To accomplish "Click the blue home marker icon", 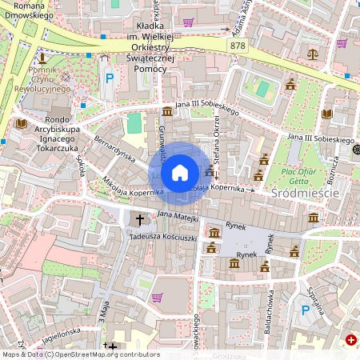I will tap(180, 172).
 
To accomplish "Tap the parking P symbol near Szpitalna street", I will tap(305, 310).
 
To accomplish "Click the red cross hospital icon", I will tap(350, 340).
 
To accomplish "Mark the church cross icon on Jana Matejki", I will tap(139, 218).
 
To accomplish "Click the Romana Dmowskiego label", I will tap(24, 10).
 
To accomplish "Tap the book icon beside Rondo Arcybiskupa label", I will tap(20, 124).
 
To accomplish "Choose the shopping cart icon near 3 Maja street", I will tap(157, 298).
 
